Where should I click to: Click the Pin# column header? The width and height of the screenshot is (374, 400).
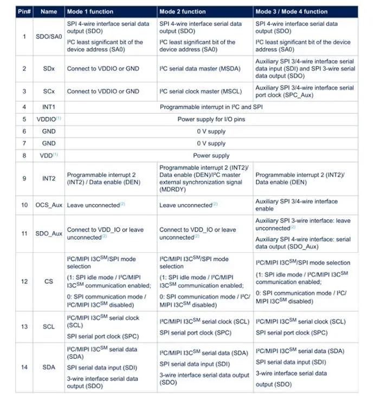coord(24,11)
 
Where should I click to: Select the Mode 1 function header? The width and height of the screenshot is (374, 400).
coord(89,11)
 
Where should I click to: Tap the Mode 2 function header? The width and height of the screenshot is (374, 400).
coord(182,11)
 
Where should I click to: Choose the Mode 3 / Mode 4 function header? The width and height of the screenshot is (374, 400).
coord(291,11)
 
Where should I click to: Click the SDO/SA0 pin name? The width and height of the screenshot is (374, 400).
coord(48,37)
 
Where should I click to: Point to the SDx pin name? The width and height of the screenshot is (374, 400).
coord(48,69)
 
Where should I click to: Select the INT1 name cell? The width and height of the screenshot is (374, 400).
coord(48,107)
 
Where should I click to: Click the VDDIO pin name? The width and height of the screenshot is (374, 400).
coord(48,119)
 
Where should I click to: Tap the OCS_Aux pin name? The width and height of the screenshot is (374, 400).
coord(48,205)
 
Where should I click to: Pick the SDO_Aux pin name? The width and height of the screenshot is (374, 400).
coord(48,233)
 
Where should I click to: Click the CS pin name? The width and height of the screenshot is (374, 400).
coord(48,281)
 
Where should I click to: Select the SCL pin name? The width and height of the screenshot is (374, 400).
coord(48,327)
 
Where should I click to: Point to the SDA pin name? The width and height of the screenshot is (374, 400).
coord(48,367)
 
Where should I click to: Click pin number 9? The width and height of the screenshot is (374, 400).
coord(24,179)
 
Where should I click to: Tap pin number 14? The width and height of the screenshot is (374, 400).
coord(24,367)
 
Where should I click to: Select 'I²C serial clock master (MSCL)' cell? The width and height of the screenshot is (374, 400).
coord(201,91)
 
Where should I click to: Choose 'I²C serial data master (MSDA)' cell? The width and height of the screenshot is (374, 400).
coord(201,69)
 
